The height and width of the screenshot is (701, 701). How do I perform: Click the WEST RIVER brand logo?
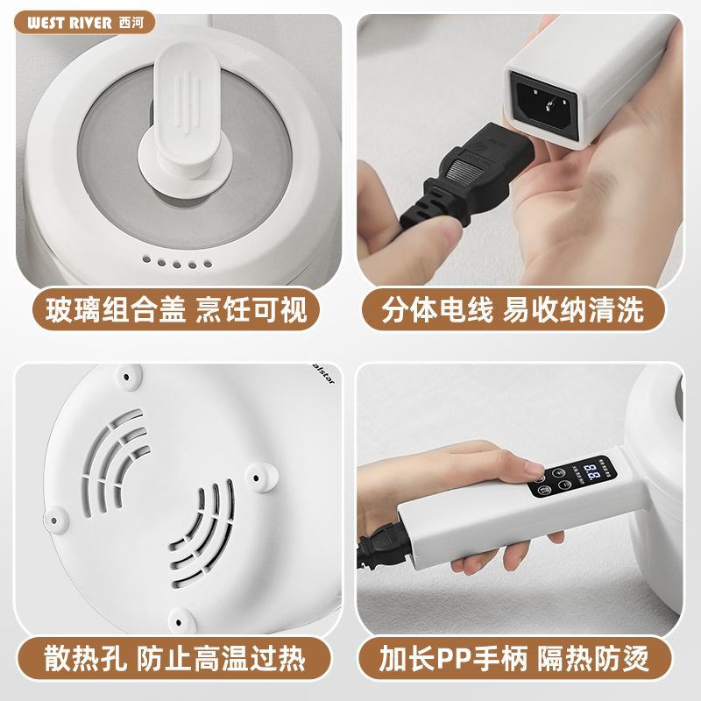70,23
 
